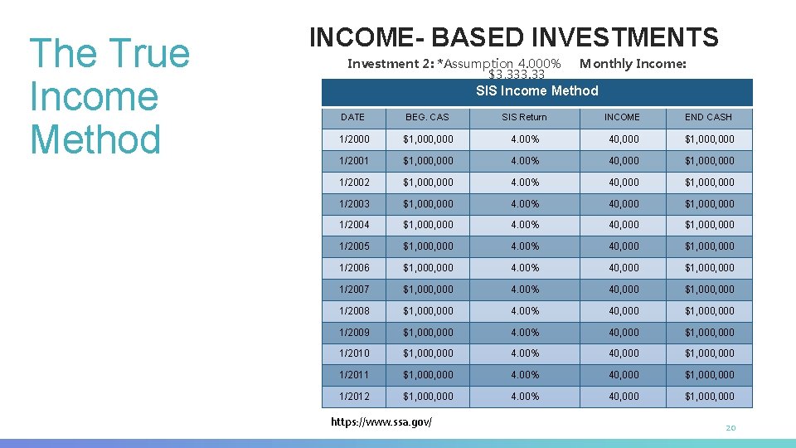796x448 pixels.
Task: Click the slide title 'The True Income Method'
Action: [x=109, y=96]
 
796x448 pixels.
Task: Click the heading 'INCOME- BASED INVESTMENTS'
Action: [x=513, y=37]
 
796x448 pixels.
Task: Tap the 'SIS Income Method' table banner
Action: [x=536, y=91]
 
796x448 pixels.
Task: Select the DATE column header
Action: [x=352, y=118]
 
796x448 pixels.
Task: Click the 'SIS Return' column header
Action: [x=524, y=118]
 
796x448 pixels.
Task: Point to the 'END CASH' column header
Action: [x=709, y=118]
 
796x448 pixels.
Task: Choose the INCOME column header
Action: [x=622, y=118]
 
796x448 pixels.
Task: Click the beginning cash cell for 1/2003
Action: [x=428, y=204]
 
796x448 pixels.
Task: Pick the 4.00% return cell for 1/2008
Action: [x=524, y=311]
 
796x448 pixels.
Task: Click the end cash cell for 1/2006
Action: [x=709, y=268]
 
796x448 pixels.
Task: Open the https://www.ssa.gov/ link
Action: [x=381, y=422]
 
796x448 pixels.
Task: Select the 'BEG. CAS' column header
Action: [x=427, y=118]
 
